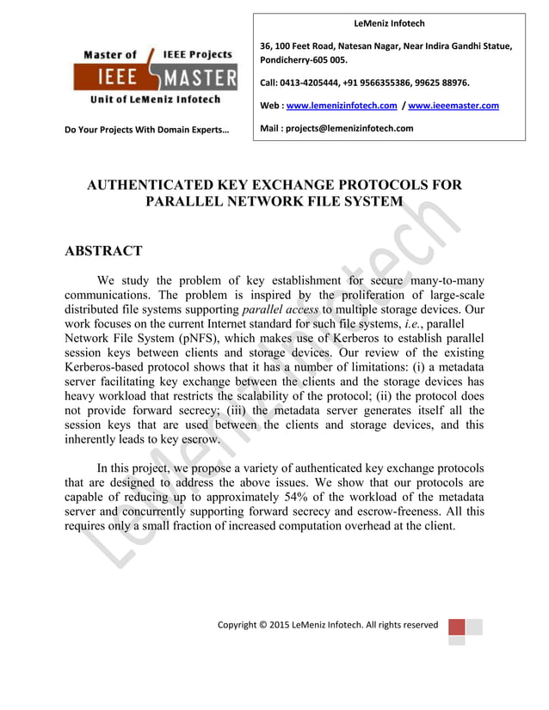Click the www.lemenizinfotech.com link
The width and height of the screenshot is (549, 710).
(x=341, y=107)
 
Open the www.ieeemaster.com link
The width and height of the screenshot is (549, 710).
(x=453, y=107)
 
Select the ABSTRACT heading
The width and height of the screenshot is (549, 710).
(x=103, y=252)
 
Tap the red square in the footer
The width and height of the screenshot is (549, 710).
(x=457, y=626)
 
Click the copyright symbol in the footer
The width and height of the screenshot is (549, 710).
(x=263, y=624)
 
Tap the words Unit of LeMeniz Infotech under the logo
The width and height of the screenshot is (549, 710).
(x=155, y=100)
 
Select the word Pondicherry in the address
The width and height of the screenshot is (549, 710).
(x=285, y=60)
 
